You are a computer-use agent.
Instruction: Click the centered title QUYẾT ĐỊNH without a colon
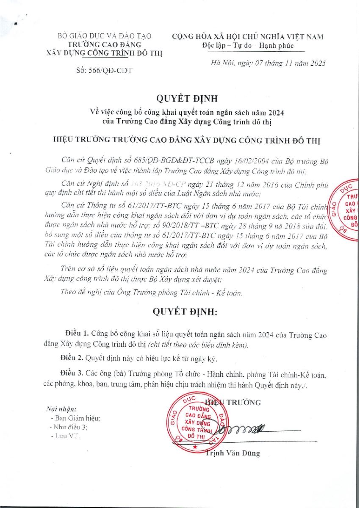pos(186,99)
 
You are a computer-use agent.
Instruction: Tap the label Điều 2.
pos(71,359)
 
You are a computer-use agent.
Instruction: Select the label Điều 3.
pos(71,375)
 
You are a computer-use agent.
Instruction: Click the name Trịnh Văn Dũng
pos(233,453)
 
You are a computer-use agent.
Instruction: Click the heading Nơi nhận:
pos(61,409)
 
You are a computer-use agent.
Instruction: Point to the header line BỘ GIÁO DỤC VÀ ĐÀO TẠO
pos(104,36)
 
